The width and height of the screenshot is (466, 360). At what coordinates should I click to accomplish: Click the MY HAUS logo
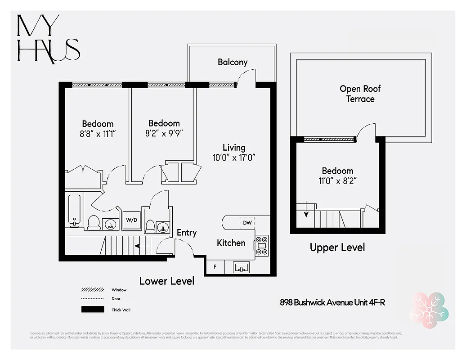(48, 39)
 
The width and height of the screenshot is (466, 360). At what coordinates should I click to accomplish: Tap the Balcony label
(233, 62)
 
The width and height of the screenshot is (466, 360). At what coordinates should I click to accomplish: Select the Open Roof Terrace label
(360, 94)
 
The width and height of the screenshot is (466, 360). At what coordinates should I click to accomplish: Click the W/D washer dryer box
(131, 220)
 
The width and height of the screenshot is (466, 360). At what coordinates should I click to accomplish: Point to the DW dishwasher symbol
(247, 222)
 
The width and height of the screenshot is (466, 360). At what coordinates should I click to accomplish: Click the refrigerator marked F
(215, 267)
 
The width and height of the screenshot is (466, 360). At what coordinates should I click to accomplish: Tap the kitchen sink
(242, 268)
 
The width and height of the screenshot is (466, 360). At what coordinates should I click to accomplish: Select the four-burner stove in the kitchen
(262, 246)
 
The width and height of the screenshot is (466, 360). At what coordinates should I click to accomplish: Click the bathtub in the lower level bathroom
(74, 209)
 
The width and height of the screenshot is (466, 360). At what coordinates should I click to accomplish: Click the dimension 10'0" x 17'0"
(234, 157)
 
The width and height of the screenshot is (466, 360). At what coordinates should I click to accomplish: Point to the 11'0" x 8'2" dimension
(337, 181)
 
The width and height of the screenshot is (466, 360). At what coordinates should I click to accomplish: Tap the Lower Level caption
(166, 281)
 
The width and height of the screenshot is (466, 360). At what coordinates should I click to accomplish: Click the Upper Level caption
(337, 247)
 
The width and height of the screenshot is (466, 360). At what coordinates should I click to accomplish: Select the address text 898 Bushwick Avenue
(332, 302)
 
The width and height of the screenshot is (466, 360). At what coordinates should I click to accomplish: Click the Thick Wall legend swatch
(93, 310)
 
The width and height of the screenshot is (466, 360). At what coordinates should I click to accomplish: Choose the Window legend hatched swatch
(93, 290)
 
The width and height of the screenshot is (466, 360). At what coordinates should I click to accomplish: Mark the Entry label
(186, 233)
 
